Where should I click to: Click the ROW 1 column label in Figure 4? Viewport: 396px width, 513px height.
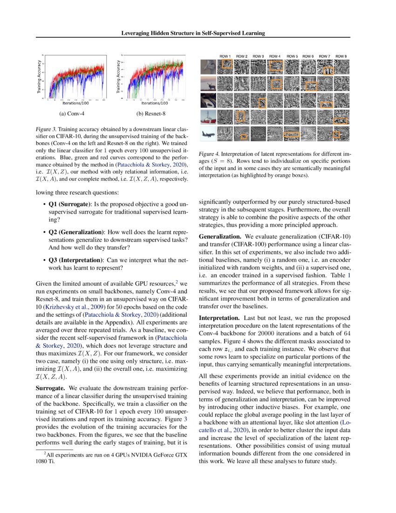(225, 56)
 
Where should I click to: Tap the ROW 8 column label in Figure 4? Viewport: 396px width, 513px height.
(341, 56)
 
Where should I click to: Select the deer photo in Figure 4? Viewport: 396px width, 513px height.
(207, 84)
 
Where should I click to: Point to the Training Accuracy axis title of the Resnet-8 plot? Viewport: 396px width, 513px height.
(118, 75)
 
